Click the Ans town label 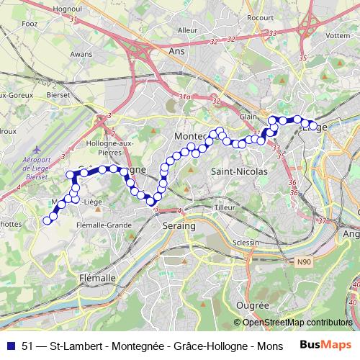point(176,51)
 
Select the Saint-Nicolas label point(239,172)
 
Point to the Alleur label point(187,30)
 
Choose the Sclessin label point(246,243)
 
